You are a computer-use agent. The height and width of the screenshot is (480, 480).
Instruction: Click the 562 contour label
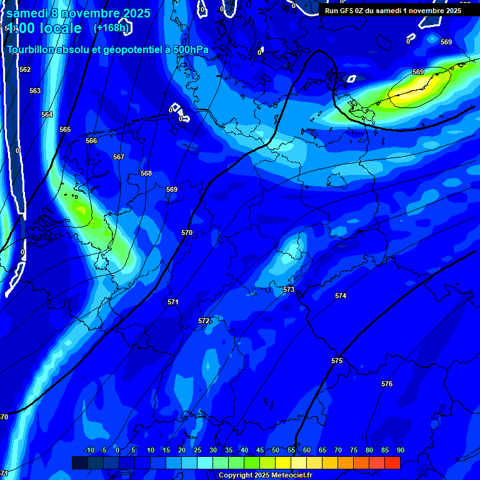point(25,69)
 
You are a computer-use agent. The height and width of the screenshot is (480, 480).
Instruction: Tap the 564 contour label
point(47,114)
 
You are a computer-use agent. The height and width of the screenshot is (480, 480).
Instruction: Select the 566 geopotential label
point(91,141)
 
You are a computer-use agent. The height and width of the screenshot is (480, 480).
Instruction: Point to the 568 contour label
point(146,173)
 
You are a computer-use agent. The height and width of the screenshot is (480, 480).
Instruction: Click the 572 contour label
point(204,321)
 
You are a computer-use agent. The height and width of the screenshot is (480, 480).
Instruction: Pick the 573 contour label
point(289,289)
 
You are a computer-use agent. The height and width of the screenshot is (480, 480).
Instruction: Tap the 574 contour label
point(341,296)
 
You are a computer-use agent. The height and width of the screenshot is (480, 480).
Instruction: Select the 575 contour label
point(337,361)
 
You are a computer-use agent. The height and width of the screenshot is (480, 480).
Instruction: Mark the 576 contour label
point(387,384)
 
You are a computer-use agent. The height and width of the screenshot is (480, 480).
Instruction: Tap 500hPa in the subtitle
point(189,50)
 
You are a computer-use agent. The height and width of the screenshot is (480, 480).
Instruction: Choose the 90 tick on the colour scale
point(400,450)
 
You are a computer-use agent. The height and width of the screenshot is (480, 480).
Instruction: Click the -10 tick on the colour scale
point(89,450)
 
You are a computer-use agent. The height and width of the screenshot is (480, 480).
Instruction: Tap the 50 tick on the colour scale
point(276,450)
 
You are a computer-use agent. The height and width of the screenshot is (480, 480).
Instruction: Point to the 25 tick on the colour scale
point(197,450)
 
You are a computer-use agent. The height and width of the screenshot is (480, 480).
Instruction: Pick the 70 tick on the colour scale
point(338,450)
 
